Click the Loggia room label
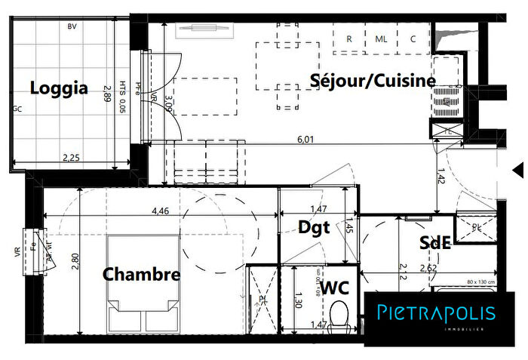click(59, 88)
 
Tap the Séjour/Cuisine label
click(373, 80)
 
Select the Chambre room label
click(142, 274)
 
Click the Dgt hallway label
click(314, 227)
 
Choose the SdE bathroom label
click(435, 242)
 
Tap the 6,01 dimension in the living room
click(305, 139)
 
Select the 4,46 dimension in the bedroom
click(160, 212)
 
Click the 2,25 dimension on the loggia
click(70, 158)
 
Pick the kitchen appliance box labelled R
click(349, 39)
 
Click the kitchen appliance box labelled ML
click(381, 39)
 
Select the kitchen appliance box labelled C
click(413, 39)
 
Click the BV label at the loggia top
click(72, 26)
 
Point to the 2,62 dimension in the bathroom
click(429, 266)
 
